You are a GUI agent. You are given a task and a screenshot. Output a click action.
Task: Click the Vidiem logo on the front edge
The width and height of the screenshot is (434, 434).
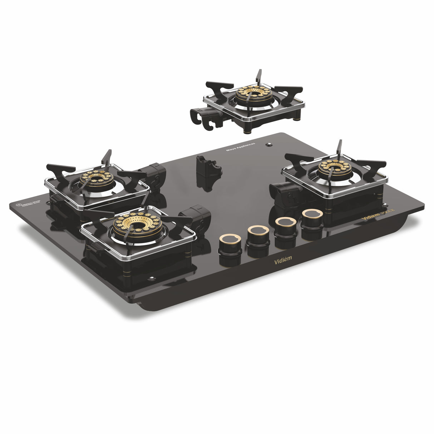[283, 262]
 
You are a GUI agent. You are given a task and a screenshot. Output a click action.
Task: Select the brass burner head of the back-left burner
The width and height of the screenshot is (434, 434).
[97, 177]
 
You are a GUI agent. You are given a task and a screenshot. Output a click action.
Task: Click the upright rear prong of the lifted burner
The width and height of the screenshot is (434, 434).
[258, 76]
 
